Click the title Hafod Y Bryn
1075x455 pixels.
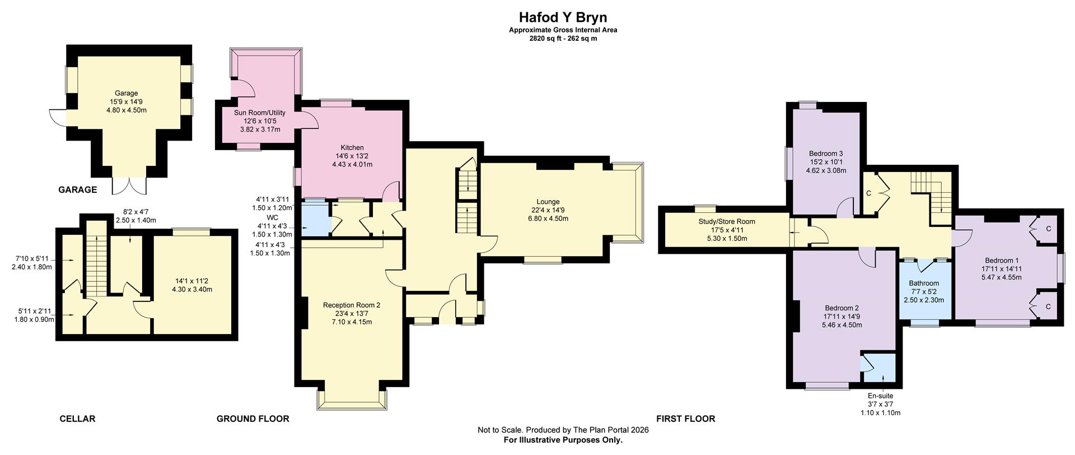coord(563,17)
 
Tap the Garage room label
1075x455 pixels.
coord(127,93)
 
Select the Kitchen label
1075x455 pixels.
coord(352,148)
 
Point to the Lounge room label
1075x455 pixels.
coord(548,202)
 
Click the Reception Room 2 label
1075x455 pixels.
coord(352,305)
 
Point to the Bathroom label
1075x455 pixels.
coord(924,284)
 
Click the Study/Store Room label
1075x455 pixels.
coord(727,222)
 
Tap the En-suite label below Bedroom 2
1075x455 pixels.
coord(880,396)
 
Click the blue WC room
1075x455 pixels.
coord(316,219)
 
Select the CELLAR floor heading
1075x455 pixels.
coord(77,419)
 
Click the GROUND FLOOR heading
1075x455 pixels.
coord(253,419)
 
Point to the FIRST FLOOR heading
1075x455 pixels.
coord(686,419)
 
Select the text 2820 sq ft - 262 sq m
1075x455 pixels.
coord(563,39)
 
